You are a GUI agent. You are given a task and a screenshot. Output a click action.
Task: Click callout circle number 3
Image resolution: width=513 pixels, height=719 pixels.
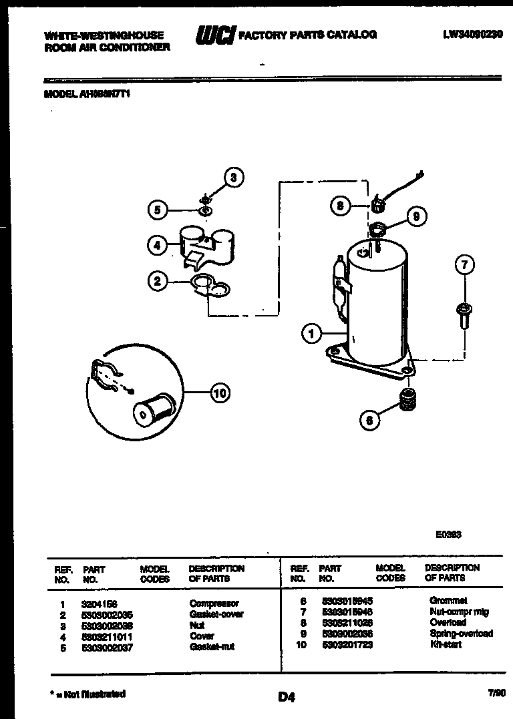click(x=232, y=178)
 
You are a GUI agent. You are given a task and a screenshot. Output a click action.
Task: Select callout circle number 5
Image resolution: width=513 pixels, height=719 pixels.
click(x=157, y=210)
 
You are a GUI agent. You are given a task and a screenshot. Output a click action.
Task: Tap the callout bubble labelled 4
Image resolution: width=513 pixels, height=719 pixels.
click(x=157, y=245)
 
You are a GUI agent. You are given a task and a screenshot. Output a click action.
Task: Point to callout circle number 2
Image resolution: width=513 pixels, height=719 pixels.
click(x=157, y=281)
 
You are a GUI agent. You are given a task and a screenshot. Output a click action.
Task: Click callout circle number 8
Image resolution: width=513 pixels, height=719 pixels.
click(x=340, y=206)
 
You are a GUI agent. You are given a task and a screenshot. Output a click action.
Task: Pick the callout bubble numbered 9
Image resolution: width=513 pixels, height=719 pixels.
click(x=416, y=216)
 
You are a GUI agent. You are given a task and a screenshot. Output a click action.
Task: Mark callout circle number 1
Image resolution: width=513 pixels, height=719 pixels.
click(x=311, y=333)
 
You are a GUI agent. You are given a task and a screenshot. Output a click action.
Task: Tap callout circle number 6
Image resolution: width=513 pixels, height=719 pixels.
click(x=369, y=420)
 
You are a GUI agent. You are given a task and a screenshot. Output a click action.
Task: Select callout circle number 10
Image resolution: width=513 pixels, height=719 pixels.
click(x=220, y=393)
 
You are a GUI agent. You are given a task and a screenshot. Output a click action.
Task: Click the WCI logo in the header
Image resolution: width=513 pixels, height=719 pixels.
click(x=214, y=35)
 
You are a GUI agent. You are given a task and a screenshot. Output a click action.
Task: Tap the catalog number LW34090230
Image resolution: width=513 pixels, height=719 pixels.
click(x=472, y=34)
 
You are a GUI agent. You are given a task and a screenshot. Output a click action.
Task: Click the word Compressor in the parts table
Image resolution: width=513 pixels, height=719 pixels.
click(x=214, y=604)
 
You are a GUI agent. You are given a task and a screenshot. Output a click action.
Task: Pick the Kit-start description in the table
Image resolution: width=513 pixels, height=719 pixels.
click(x=446, y=645)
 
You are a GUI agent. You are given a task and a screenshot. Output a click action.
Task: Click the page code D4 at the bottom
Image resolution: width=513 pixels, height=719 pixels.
click(x=286, y=698)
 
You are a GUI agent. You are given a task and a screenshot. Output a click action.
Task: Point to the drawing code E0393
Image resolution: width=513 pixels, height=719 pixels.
click(x=448, y=535)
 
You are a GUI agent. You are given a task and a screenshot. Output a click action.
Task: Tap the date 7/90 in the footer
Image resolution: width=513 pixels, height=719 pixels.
click(x=496, y=695)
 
